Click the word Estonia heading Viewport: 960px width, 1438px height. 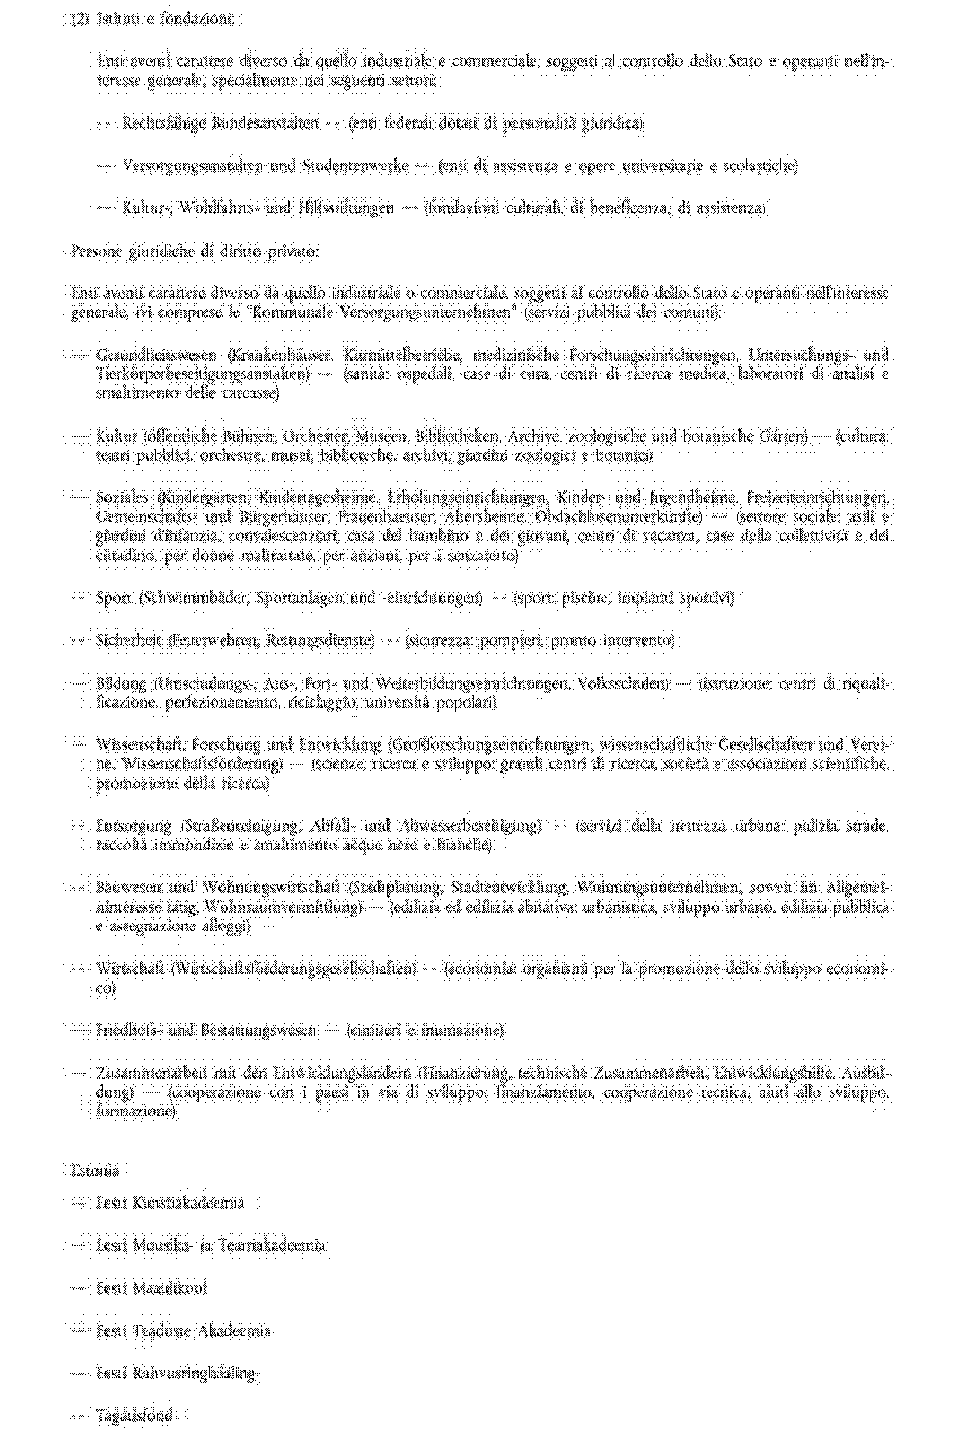95,1170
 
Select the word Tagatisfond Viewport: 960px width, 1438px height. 134,1415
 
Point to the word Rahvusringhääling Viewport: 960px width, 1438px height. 194,1373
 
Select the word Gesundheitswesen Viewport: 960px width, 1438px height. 156,355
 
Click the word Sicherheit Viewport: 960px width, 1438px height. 128,640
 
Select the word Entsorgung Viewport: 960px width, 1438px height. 134,826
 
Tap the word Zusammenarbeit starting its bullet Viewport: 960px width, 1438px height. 152,1073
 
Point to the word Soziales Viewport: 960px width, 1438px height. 122,497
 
